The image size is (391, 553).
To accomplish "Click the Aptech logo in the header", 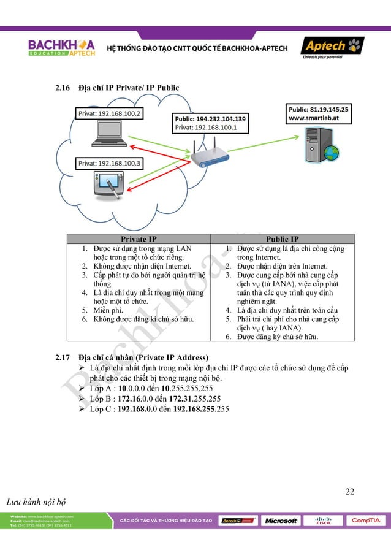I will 332,47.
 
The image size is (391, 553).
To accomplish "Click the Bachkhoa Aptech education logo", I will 61,48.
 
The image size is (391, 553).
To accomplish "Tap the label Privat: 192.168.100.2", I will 109,114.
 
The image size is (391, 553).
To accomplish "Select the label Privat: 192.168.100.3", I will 109,164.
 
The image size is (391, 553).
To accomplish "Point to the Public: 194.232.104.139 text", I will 210,119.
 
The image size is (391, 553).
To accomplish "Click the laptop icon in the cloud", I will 108,135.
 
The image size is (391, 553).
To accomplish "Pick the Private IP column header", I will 139,239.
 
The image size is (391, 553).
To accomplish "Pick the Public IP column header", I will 283,239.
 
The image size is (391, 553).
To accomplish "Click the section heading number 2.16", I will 63,88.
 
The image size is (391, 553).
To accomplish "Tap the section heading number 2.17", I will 63,357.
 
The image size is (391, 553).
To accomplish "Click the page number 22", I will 349,491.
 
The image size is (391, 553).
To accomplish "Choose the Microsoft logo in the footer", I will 281,521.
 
